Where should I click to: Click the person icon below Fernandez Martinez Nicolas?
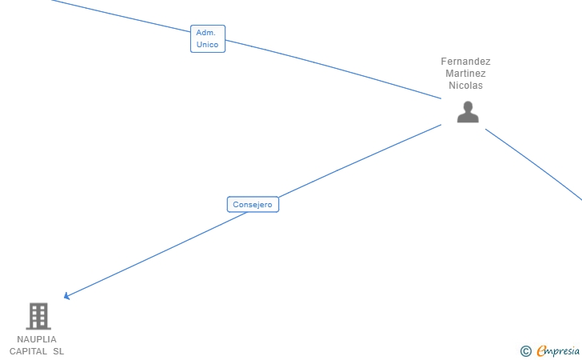(x=468, y=113)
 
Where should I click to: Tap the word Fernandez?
(x=465, y=62)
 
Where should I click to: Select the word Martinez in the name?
(x=465, y=74)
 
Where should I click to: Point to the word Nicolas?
(x=465, y=86)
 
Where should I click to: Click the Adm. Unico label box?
(x=208, y=38)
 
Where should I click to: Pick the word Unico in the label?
(x=208, y=45)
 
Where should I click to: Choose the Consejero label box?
(x=253, y=205)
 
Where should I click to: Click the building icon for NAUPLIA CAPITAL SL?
(x=38, y=316)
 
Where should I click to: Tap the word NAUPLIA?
(x=37, y=339)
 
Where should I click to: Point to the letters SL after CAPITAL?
(x=58, y=351)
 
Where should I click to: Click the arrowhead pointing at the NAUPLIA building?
(x=67, y=297)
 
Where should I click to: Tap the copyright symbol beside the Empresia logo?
(x=525, y=350)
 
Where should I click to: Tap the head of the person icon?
(x=468, y=106)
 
